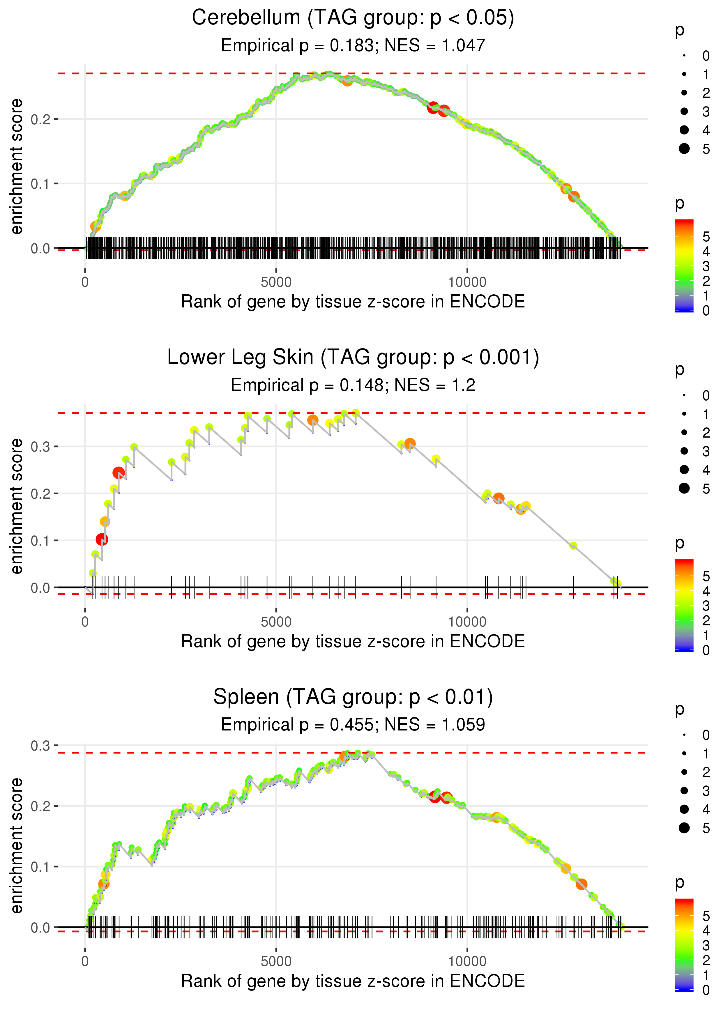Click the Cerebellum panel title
click(x=353, y=18)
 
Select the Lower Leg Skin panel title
click(x=353, y=358)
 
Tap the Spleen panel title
click(x=353, y=697)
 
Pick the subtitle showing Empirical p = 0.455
click(x=353, y=725)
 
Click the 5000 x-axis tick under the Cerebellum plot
click(x=276, y=282)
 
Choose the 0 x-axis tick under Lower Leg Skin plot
click(x=85, y=622)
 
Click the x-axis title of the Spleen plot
click(x=353, y=981)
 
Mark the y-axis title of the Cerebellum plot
click(x=17, y=167)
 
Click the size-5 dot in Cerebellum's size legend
click(x=684, y=149)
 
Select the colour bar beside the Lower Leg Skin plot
click(x=684, y=605)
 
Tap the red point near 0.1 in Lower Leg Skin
click(x=102, y=539)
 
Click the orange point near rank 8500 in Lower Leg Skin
click(x=410, y=444)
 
